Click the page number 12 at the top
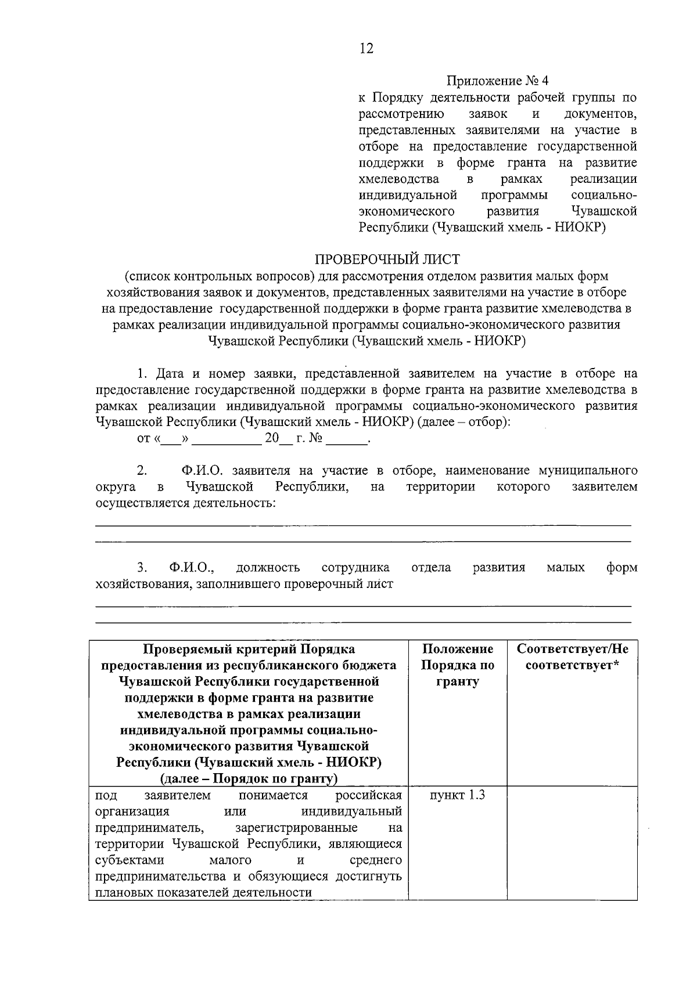pyautogui.click(x=366, y=48)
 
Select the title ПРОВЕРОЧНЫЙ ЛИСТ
pyautogui.click(x=387, y=259)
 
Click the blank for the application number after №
pyautogui.click(x=347, y=439)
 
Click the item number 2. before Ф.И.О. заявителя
pyautogui.click(x=142, y=470)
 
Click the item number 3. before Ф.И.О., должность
pyautogui.click(x=142, y=567)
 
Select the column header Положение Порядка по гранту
pyautogui.click(x=458, y=665)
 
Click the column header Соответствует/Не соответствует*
pyautogui.click(x=572, y=657)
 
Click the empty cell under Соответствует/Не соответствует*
pyautogui.click(x=572, y=842)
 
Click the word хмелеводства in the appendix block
pyautogui.click(x=398, y=179)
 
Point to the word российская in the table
pyautogui.click(x=369, y=795)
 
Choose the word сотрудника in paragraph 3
pyautogui.click(x=355, y=567)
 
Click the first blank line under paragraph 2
pyautogui.click(x=363, y=525)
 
